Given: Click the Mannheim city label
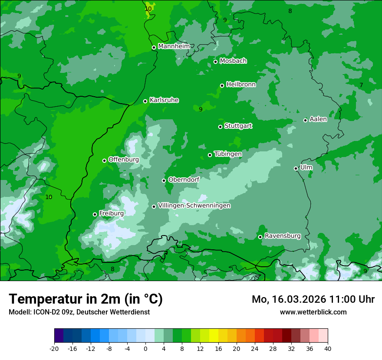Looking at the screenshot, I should [x=174, y=46].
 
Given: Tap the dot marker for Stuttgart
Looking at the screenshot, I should [x=220, y=127].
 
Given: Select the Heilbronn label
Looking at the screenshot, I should [x=241, y=84].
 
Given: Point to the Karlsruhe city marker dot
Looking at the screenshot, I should [x=145, y=101].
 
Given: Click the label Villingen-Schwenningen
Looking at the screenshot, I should [x=194, y=206].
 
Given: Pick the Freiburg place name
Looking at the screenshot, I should [x=111, y=213].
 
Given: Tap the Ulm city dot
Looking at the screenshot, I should [x=296, y=168].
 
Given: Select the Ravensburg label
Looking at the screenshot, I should [x=283, y=236].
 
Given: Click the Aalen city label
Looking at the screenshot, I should [x=318, y=119].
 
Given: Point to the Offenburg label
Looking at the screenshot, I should [x=124, y=159].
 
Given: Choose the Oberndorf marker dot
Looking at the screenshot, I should [x=164, y=180].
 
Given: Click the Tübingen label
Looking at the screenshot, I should [x=228, y=154].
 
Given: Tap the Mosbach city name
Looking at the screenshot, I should [x=233, y=61].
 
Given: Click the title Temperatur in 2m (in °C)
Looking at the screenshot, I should [x=86, y=299].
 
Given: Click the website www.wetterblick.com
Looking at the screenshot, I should [x=313, y=312].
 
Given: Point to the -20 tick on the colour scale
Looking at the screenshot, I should [x=54, y=348].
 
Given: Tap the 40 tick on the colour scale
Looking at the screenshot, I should [x=327, y=348].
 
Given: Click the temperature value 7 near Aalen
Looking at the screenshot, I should [x=361, y=85].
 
